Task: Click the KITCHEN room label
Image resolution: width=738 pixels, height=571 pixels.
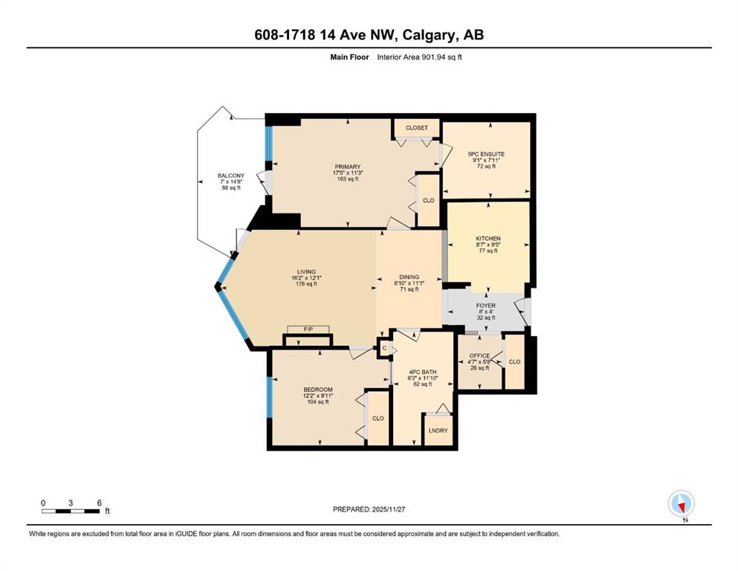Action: (x=488, y=239)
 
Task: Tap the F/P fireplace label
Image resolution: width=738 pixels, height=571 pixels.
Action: (x=308, y=329)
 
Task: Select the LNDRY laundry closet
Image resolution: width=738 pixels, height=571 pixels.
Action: (x=438, y=430)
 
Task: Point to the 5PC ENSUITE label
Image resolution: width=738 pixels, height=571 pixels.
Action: (x=486, y=154)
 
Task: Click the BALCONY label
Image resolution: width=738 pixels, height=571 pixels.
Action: (x=231, y=175)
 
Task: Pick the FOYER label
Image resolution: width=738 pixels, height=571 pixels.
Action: (x=486, y=306)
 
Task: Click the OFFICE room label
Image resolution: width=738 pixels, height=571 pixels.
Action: (x=479, y=355)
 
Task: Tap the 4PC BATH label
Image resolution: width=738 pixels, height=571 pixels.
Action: (x=423, y=372)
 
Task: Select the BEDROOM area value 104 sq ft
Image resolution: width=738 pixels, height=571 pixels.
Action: (x=317, y=401)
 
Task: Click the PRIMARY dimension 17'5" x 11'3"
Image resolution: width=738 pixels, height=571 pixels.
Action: (x=348, y=172)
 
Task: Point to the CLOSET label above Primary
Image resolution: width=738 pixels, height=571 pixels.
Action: (x=417, y=128)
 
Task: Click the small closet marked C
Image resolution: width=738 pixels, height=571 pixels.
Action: (x=384, y=349)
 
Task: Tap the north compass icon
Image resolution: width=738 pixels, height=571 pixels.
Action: (x=682, y=503)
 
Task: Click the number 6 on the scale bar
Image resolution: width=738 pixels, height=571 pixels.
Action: (x=100, y=503)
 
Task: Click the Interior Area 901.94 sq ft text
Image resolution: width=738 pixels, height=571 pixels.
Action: (x=419, y=57)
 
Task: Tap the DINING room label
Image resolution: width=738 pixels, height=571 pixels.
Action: (x=409, y=277)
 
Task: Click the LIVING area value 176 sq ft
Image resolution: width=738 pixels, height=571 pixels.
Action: (x=306, y=284)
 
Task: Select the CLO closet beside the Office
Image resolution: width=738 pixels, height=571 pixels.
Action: (x=514, y=361)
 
